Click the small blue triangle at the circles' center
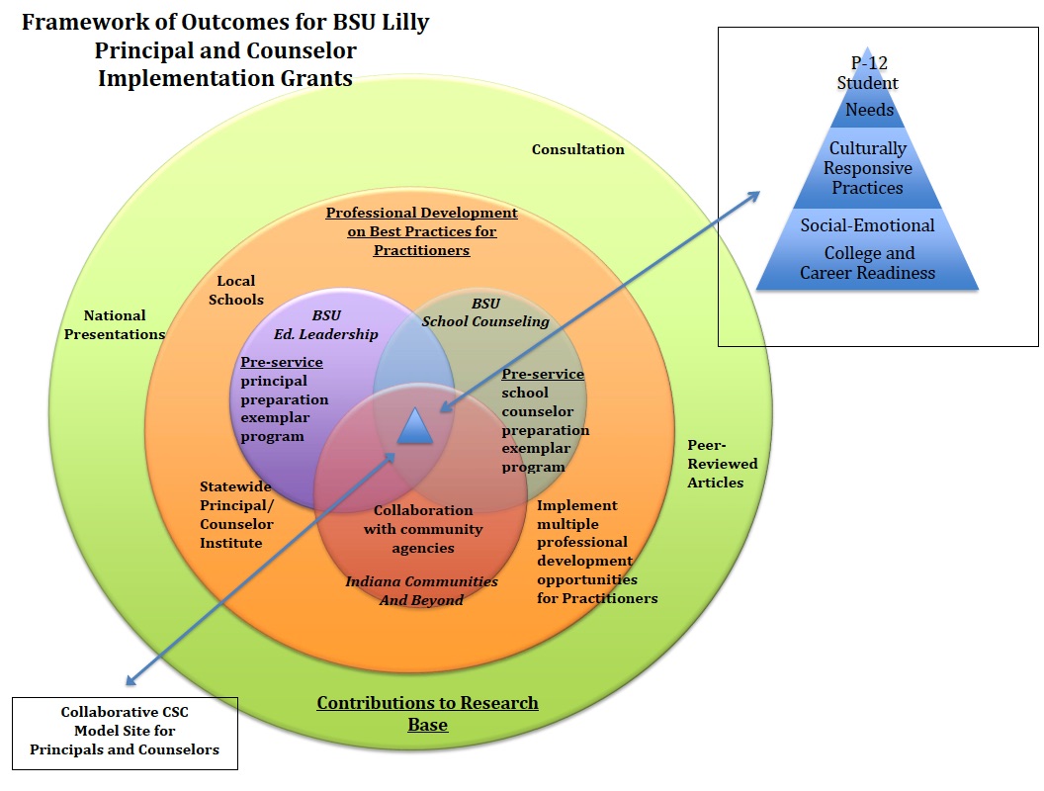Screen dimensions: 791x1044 pyautogui.click(x=416, y=426)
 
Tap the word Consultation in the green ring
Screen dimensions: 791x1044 pyautogui.click(x=577, y=149)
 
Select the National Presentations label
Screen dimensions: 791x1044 pyautogui.click(x=114, y=324)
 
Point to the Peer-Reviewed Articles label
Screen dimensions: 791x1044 pyautogui.click(x=722, y=464)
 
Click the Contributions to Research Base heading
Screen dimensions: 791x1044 pyautogui.click(x=427, y=714)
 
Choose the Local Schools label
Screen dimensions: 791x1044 pyautogui.click(x=236, y=290)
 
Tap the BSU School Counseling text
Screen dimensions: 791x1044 pyautogui.click(x=484, y=312)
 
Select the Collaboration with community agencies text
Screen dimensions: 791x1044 pyautogui.click(x=423, y=529)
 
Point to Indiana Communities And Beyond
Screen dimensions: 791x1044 pyautogui.click(x=421, y=590)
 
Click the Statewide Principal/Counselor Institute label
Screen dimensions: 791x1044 pyautogui.click(x=236, y=514)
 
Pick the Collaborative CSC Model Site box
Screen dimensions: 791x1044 pyautogui.click(x=125, y=732)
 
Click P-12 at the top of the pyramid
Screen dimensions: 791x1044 pyautogui.click(x=867, y=64)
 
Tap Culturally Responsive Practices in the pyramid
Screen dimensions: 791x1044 pyautogui.click(x=867, y=168)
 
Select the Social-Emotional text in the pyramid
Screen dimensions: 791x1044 pyautogui.click(x=867, y=225)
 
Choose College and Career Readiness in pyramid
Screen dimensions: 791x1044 pyautogui.click(x=867, y=263)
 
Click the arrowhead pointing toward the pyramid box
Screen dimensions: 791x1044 pyautogui.click(x=754, y=194)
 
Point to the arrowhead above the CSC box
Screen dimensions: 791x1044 pyautogui.click(x=132, y=680)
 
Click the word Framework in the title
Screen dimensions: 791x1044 pyautogui.click(x=73, y=23)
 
